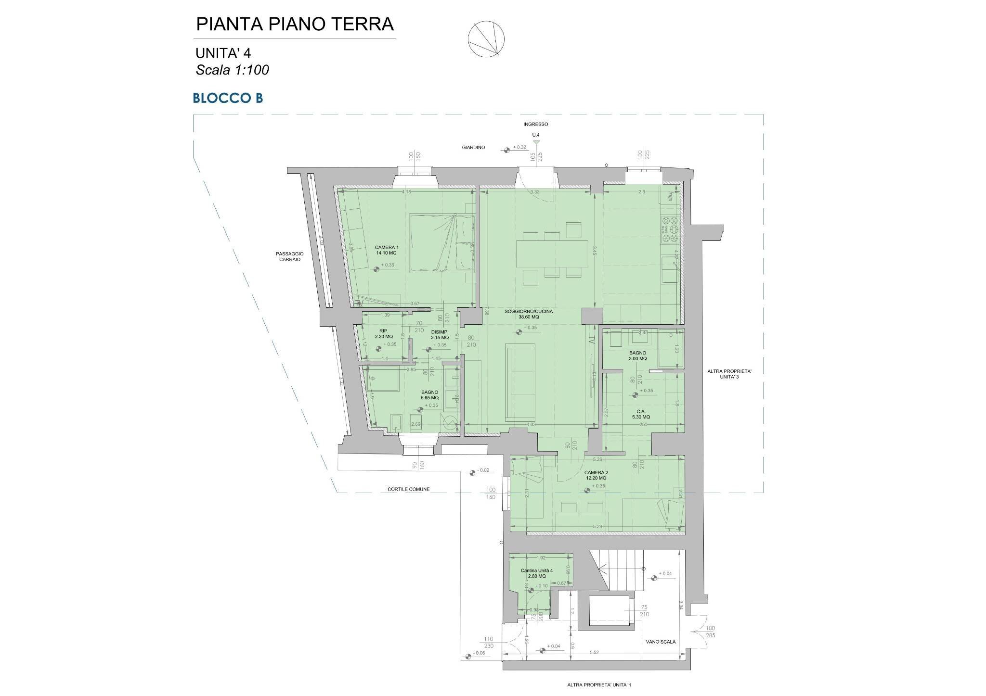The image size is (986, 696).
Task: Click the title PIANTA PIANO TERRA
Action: pos(295,24)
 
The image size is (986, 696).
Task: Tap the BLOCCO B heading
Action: pos(228,98)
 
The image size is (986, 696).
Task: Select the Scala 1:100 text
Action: pos(232,70)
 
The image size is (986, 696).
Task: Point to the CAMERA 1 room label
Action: pos(387,250)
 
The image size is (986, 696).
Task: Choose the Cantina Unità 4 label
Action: pos(536,573)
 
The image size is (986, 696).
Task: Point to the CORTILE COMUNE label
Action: pos(408,490)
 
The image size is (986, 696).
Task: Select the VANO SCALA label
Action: pos(661,642)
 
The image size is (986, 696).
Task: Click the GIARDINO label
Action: pos(474,148)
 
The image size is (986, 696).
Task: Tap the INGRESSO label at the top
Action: pos(536,124)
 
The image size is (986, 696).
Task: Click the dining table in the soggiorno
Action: pos(552,253)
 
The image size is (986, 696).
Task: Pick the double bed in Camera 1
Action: pos(442,243)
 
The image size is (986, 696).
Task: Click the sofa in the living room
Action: pos(520,382)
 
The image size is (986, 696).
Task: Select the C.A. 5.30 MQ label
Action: pos(641,414)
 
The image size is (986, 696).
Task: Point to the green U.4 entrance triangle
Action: pos(536,142)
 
